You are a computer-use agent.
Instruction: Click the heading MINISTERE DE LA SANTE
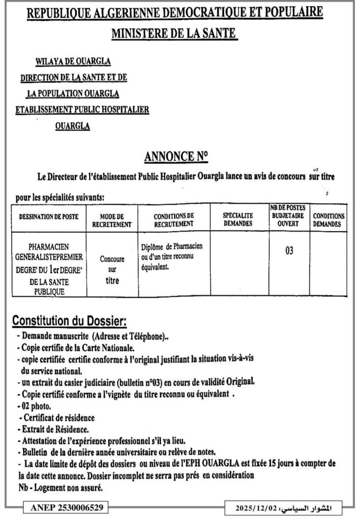point(174,34)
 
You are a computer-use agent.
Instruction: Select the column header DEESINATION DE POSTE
point(49,216)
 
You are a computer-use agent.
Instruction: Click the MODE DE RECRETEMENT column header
point(112,220)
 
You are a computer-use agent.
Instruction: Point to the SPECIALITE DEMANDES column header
point(238,219)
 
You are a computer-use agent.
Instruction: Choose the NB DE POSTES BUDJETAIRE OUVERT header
point(287,216)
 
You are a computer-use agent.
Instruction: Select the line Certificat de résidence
point(59,418)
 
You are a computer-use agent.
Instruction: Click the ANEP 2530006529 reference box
point(65,506)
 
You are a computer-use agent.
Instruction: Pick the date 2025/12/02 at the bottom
point(259,507)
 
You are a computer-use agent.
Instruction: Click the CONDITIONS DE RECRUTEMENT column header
point(173,219)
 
